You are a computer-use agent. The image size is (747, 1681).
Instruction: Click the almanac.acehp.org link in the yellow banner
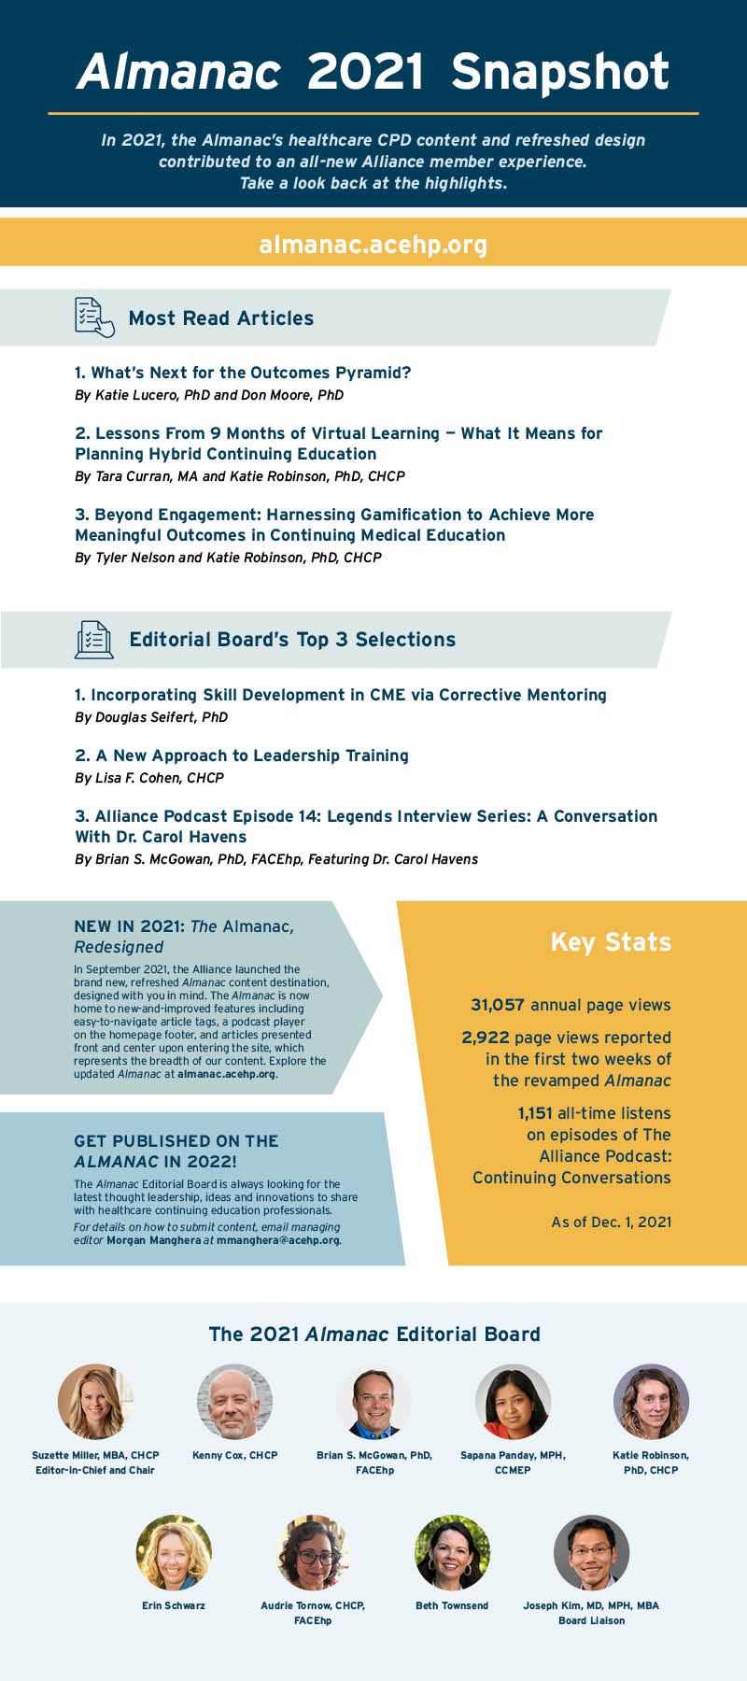pos(373,245)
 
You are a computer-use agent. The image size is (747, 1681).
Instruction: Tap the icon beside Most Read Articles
pos(93,318)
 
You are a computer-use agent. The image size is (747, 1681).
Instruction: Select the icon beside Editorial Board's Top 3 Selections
pos(93,640)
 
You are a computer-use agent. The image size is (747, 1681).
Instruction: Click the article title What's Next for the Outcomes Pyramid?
pos(243,373)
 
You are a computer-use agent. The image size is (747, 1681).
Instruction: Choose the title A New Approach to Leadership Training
pos(242,756)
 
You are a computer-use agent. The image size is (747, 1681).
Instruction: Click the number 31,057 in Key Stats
pos(498,1005)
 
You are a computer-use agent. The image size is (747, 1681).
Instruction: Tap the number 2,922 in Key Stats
pos(486,1038)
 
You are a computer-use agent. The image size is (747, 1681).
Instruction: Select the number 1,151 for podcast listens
pos(535,1113)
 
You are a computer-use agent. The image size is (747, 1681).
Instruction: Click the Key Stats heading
pos(611,941)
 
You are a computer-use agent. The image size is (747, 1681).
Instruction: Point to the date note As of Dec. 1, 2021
pos(611,1222)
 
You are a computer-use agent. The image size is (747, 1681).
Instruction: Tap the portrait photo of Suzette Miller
pos(95,1401)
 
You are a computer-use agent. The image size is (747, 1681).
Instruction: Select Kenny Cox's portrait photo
pos(234,1401)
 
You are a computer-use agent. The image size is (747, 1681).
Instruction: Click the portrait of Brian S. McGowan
pos(373,1401)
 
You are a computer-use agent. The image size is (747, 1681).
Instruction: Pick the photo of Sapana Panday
pos(513,1401)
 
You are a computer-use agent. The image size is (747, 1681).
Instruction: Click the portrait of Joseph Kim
pos(591,1552)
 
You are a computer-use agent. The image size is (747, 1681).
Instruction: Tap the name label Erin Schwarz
pos(174,1605)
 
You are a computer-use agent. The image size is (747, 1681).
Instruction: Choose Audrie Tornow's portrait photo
pos(313,1552)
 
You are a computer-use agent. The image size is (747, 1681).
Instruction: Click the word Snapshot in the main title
pos(560,72)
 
